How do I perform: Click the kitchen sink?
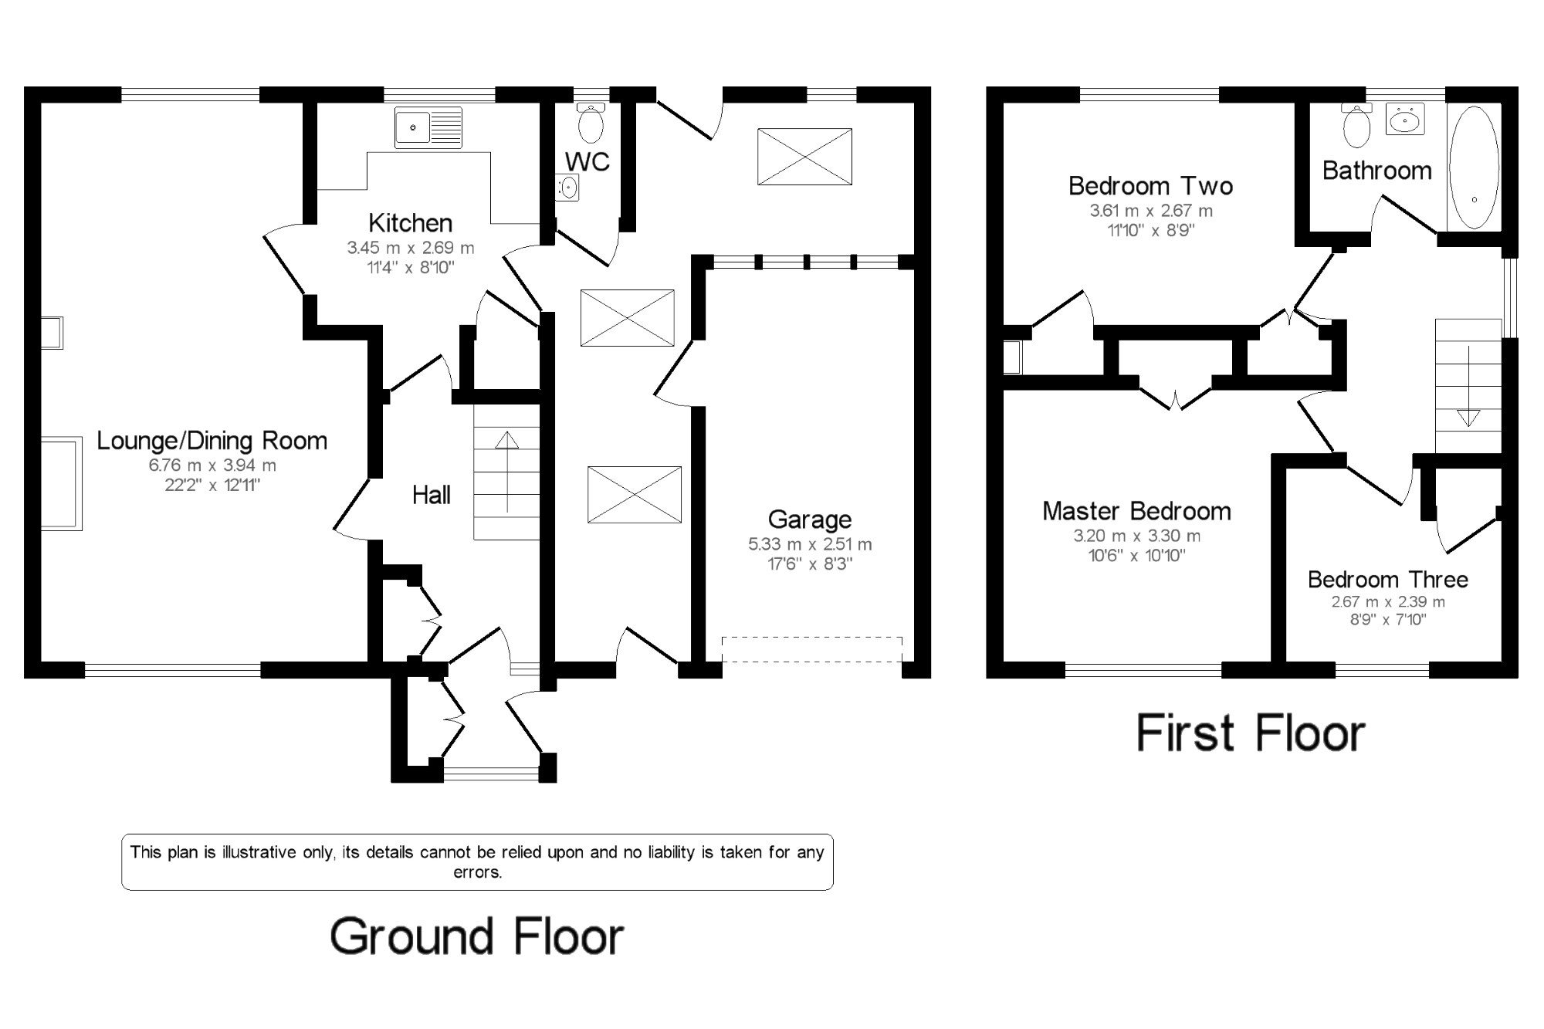428,127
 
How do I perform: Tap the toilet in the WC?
591,123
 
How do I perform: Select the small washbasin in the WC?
567,187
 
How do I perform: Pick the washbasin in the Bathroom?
1405,120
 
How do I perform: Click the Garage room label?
810,520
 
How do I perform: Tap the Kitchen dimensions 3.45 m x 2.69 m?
411,248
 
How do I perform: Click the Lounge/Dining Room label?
212,441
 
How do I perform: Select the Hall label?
432,495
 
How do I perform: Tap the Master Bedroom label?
1136,511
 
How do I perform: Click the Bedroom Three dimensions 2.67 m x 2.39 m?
1388,602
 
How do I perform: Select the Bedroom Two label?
1150,186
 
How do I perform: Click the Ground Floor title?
477,936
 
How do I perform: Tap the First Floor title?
1251,733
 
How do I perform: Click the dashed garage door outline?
812,649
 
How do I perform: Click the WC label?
587,162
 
